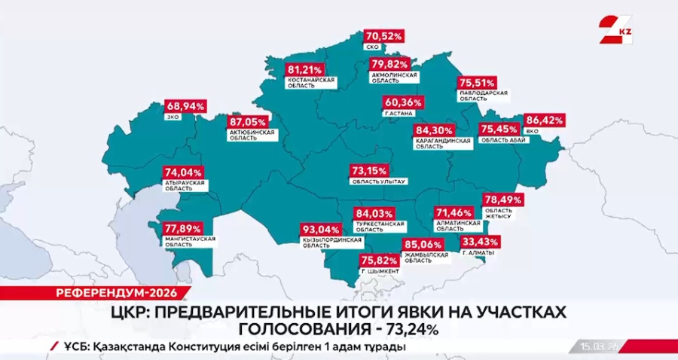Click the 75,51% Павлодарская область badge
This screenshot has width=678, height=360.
[478, 83]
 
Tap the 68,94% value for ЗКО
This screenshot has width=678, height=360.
[185, 106]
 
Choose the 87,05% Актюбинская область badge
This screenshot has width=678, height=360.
[248, 121]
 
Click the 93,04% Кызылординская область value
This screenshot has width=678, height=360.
[319, 229]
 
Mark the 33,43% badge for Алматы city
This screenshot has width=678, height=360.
[481, 241]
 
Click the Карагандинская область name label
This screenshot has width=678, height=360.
[443, 143]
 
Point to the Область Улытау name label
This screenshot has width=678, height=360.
[379, 182]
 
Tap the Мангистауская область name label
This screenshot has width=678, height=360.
[190, 242]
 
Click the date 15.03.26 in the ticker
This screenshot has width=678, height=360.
[600, 346]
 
